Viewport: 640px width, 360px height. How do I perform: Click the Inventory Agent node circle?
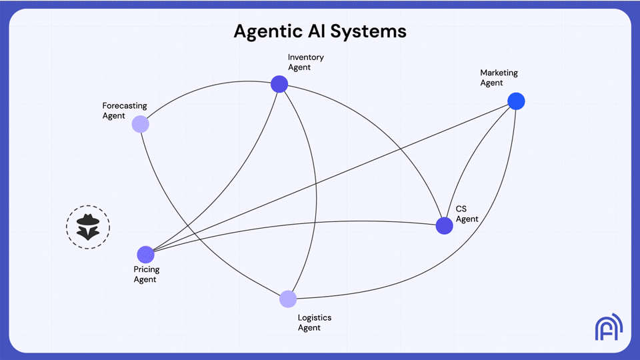pos(279,84)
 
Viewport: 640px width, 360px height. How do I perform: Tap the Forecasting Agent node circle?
pos(140,124)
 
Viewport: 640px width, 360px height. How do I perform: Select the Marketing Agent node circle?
pos(516,101)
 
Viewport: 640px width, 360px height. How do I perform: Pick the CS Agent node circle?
pos(445,226)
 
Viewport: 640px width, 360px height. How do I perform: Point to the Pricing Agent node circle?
pos(145,255)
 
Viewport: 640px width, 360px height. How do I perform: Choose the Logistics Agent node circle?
pos(288,299)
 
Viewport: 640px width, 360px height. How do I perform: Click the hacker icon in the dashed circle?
pos(88,227)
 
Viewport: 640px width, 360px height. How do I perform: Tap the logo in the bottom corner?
pos(608,327)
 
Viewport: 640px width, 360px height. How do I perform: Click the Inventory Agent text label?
pos(305,62)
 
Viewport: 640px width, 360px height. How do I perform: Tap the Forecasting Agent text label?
pos(124,111)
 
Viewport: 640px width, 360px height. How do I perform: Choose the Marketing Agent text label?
pos(499,78)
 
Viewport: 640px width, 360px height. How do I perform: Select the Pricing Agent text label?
pos(146,275)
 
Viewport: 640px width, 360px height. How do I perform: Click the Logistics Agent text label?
pos(314,323)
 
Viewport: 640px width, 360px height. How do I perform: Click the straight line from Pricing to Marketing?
pos(333,176)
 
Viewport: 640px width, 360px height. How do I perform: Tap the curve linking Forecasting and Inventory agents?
pos(200,93)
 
